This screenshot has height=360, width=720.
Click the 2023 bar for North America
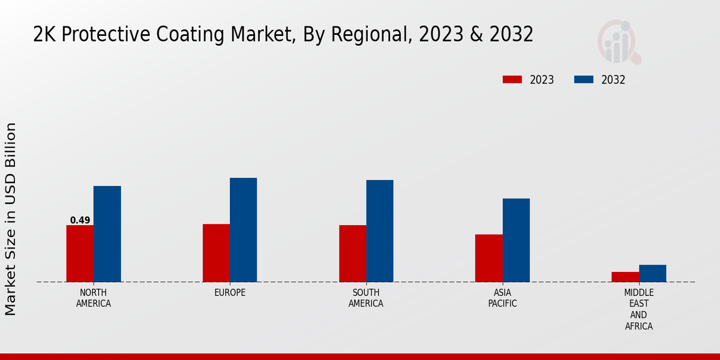click(80, 253)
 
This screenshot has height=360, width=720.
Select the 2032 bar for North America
click(107, 234)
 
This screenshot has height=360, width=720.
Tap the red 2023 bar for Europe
click(216, 253)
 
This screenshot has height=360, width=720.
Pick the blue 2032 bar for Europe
click(243, 230)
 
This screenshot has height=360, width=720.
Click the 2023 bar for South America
click(352, 253)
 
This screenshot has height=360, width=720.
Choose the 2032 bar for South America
click(380, 231)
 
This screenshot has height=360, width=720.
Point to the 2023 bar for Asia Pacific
click(488, 258)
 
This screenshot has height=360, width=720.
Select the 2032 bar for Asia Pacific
click(516, 240)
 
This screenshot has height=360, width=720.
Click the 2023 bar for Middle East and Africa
click(625, 277)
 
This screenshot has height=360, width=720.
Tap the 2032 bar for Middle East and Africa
click(652, 273)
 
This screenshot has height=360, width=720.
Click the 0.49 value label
click(80, 220)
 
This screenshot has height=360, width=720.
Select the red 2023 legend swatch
click(512, 80)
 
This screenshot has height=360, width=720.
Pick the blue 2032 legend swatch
click(584, 80)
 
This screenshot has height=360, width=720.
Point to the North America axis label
click(94, 298)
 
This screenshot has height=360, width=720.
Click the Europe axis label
click(230, 292)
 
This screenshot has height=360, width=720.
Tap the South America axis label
click(366, 298)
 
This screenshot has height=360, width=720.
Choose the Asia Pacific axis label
click(502, 298)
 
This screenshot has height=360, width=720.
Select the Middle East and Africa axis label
click(638, 309)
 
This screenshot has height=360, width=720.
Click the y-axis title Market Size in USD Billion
click(11, 219)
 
